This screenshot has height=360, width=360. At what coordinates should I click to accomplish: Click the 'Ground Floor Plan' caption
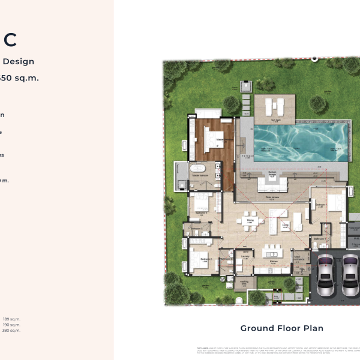[x=281, y=328]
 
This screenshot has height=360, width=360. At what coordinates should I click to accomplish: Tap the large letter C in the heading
[x=10, y=40]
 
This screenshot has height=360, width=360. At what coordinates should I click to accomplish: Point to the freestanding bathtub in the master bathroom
[x=199, y=169]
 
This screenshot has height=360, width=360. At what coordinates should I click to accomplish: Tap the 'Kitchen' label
[x=273, y=262]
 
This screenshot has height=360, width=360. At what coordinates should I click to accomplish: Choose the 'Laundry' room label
[x=245, y=256]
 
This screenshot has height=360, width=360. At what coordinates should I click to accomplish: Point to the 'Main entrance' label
[x=298, y=258]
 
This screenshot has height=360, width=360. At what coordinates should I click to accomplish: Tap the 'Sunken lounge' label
[x=272, y=172]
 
